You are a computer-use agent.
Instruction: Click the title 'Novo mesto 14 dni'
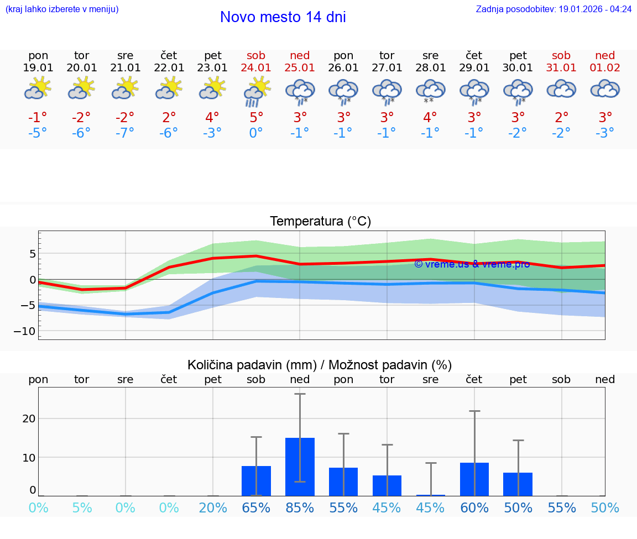283,17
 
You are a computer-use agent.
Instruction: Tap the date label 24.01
256,68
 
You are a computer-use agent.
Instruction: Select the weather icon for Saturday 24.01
256,91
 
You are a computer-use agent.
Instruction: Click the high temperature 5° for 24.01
256,117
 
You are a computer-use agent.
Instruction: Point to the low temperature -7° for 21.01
126,133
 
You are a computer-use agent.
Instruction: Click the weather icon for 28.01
430,91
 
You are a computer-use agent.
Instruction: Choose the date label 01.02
605,68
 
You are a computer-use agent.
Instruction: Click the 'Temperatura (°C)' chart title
320,221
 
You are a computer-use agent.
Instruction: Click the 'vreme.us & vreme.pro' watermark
472,264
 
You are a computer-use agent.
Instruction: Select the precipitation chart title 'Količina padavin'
320,365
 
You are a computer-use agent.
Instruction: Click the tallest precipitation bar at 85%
300,467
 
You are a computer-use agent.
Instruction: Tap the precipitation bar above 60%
474,479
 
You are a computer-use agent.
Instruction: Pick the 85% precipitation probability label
300,507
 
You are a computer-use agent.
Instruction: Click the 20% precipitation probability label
213,507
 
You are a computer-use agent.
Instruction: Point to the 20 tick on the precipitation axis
29,418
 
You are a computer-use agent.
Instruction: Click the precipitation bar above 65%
256,481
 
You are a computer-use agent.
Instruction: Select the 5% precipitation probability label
82,507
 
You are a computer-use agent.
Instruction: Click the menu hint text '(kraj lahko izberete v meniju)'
62,9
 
